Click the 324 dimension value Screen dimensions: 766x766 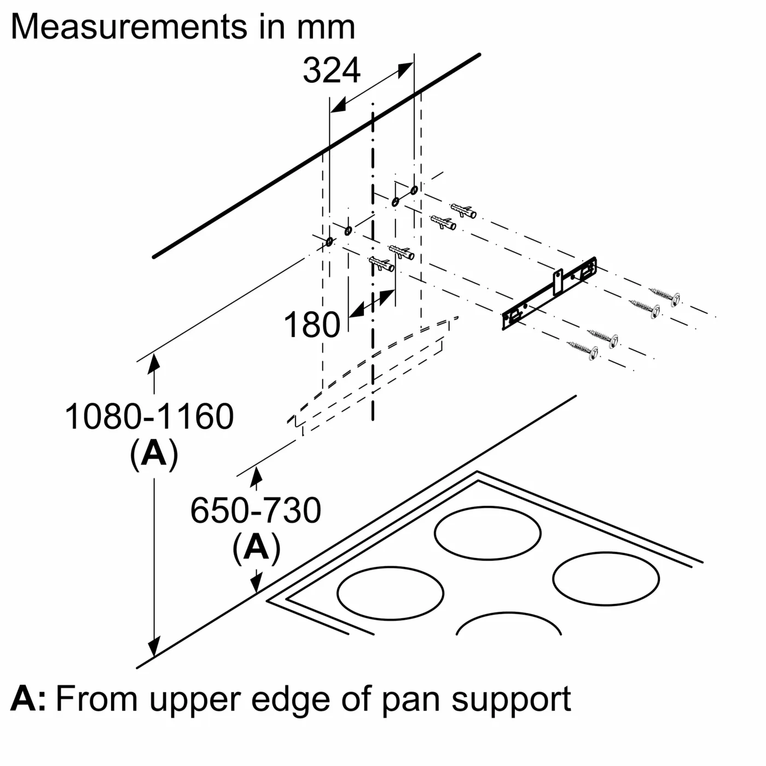[332, 71]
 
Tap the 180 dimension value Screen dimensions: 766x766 [312, 325]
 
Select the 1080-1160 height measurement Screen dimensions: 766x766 [149, 416]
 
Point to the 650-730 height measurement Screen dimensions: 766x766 [256, 510]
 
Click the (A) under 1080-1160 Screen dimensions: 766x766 [154, 454]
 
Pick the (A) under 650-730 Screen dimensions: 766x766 [256, 548]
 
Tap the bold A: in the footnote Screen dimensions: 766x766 [28, 699]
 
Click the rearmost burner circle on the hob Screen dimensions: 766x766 [488, 533]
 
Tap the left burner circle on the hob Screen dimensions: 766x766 [390, 593]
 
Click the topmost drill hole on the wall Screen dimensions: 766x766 [414, 190]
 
